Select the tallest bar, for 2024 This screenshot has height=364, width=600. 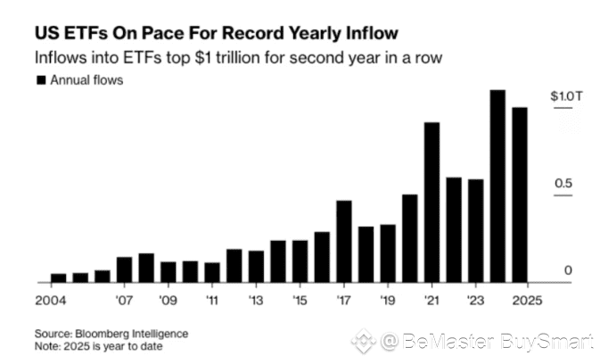497,186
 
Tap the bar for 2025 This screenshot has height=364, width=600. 520,195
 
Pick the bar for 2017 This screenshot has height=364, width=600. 344,242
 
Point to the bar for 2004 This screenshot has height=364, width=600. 59,277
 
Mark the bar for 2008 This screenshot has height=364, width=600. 146,268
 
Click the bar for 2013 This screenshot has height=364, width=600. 256,267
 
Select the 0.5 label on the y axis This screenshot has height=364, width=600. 563,184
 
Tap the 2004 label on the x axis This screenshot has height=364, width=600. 53,300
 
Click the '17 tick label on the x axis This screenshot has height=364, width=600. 343,300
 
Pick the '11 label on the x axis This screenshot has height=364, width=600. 211,300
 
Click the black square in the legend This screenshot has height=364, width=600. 40,80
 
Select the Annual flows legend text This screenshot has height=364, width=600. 86,80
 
